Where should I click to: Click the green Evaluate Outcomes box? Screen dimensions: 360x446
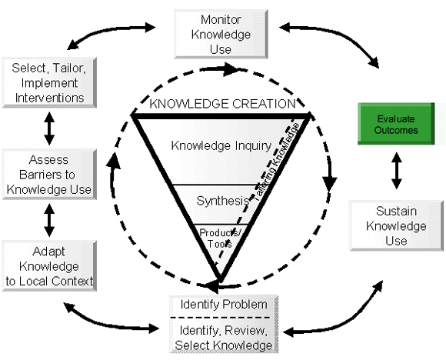(398, 125)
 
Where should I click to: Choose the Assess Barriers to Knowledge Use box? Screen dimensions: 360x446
(48, 175)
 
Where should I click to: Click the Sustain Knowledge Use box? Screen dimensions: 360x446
(397, 225)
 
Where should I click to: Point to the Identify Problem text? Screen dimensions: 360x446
(223, 304)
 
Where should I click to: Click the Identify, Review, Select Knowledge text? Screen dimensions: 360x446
(223, 338)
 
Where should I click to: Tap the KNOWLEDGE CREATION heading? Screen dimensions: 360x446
(222, 104)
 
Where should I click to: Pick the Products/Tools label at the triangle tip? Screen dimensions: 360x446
(216, 236)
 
